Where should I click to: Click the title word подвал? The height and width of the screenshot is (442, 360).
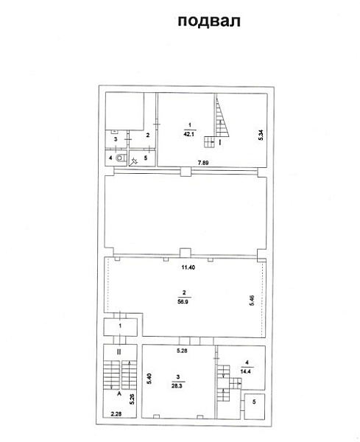[x=209, y=21]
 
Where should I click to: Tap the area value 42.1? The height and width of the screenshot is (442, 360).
[x=188, y=134]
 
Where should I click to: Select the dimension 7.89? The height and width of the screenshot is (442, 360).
[x=203, y=163]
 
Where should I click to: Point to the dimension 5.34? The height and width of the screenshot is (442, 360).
[x=261, y=135]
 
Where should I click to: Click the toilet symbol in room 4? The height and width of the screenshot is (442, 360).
[x=121, y=158]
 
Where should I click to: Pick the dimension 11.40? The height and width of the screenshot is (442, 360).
[x=188, y=267]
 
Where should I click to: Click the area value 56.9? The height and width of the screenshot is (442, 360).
[x=183, y=301]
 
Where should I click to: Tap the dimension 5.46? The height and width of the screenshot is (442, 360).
[x=252, y=301]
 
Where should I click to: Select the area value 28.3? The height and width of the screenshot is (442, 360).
[x=177, y=386]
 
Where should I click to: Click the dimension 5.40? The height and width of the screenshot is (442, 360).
[x=149, y=379]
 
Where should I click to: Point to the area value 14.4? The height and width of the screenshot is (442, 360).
[x=246, y=371]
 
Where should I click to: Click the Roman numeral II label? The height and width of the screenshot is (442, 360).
[x=119, y=352]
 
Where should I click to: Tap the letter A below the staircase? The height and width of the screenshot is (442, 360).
[x=119, y=394]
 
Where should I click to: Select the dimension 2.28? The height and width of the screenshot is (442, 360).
[x=116, y=414]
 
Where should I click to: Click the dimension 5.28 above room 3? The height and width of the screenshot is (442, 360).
[x=182, y=351]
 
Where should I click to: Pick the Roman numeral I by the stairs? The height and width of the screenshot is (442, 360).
[x=220, y=142]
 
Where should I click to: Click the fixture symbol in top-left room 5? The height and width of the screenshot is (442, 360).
[x=134, y=161]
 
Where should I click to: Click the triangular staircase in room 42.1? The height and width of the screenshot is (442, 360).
[x=221, y=122]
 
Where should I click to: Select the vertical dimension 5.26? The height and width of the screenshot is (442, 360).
[x=132, y=399]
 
